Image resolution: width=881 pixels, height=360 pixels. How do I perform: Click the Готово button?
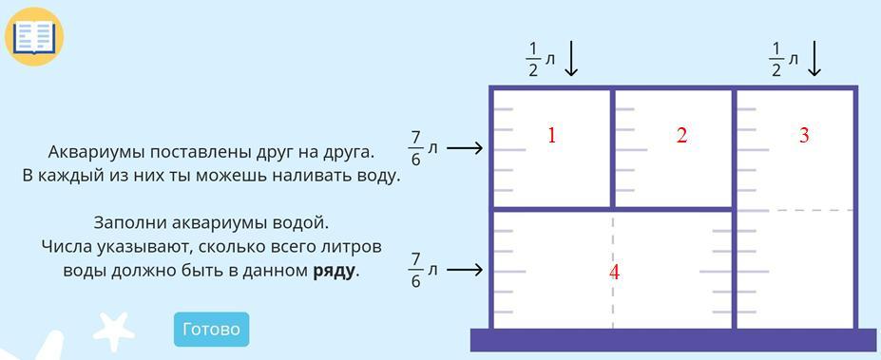[211, 329]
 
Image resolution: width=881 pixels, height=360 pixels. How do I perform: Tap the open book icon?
[34, 37]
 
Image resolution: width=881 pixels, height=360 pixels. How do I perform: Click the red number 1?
[552, 135]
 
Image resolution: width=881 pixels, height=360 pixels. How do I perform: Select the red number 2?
[681, 135]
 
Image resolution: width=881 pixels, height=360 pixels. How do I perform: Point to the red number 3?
[804, 135]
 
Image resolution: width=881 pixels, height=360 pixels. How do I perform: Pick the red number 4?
[614, 273]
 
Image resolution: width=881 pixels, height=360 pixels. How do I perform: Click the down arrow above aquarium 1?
[571, 58]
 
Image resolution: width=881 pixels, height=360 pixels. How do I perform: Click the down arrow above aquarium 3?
[814, 58]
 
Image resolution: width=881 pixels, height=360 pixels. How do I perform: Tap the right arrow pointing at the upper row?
[465, 148]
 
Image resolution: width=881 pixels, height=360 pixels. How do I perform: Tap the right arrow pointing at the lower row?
[465, 270]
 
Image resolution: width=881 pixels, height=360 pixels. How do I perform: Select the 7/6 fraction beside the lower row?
[415, 270]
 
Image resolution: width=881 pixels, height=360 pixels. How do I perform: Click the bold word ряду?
[334, 272]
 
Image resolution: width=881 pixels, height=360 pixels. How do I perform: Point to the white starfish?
[114, 331]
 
